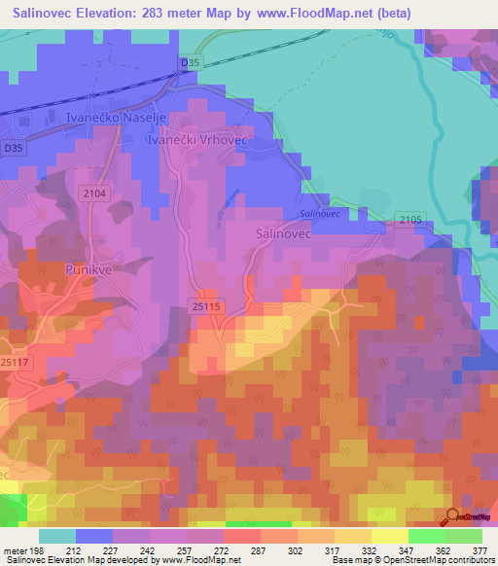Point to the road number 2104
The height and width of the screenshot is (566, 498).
[93, 195]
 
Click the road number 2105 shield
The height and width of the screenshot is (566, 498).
[409, 220]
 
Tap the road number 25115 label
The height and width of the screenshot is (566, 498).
[208, 306]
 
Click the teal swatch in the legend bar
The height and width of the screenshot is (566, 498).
[57, 536]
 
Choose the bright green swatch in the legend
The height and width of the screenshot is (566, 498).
[426, 536]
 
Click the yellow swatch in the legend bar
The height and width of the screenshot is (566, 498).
[389, 536]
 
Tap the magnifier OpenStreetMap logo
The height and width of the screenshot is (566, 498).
[453, 516]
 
